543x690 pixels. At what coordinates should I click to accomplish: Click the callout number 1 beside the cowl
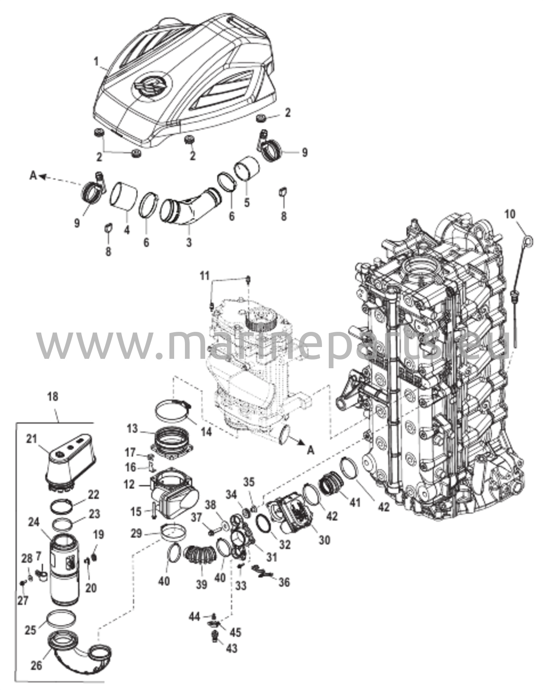(96, 62)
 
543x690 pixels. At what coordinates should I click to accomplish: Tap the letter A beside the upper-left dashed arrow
(33, 176)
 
